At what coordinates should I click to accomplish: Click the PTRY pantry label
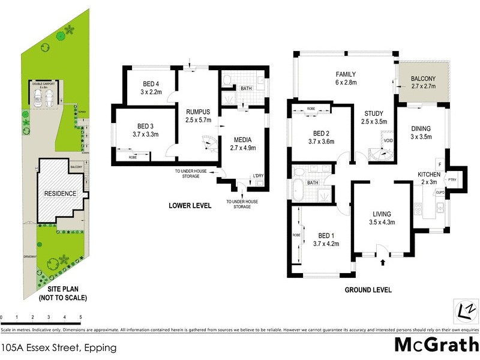pos(452,179)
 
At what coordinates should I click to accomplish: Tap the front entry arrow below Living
pos(383,262)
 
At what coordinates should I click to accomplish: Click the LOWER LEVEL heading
pos(190,206)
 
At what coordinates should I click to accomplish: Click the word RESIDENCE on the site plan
pos(59,194)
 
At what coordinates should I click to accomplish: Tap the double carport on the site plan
pos(47,96)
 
